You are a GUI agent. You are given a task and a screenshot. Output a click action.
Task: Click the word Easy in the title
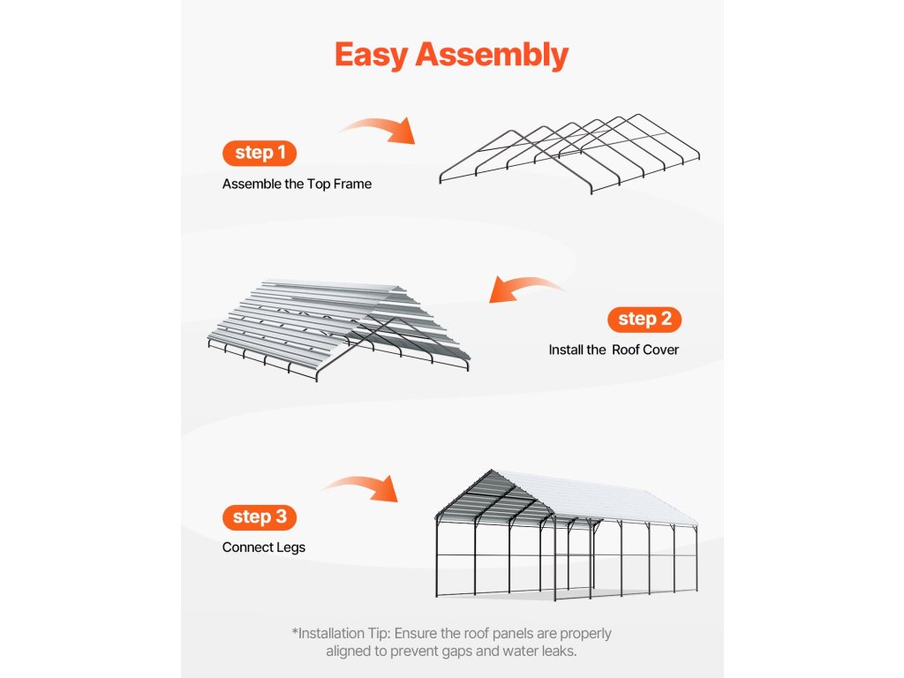372,55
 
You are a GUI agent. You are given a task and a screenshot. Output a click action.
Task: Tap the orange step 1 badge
260,153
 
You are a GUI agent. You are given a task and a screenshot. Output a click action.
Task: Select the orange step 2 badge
644,319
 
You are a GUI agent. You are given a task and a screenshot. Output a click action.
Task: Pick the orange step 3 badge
260,516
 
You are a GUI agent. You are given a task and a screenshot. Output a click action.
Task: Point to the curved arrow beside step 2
527,288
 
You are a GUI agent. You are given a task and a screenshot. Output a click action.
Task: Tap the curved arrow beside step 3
360,486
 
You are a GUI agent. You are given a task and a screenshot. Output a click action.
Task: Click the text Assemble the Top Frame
297,185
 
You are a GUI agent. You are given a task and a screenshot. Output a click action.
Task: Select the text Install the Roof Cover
614,350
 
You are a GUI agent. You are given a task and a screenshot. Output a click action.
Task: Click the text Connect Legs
264,547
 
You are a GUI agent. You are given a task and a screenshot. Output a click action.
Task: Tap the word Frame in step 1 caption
352,185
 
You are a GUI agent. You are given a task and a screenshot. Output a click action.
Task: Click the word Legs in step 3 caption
290,547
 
